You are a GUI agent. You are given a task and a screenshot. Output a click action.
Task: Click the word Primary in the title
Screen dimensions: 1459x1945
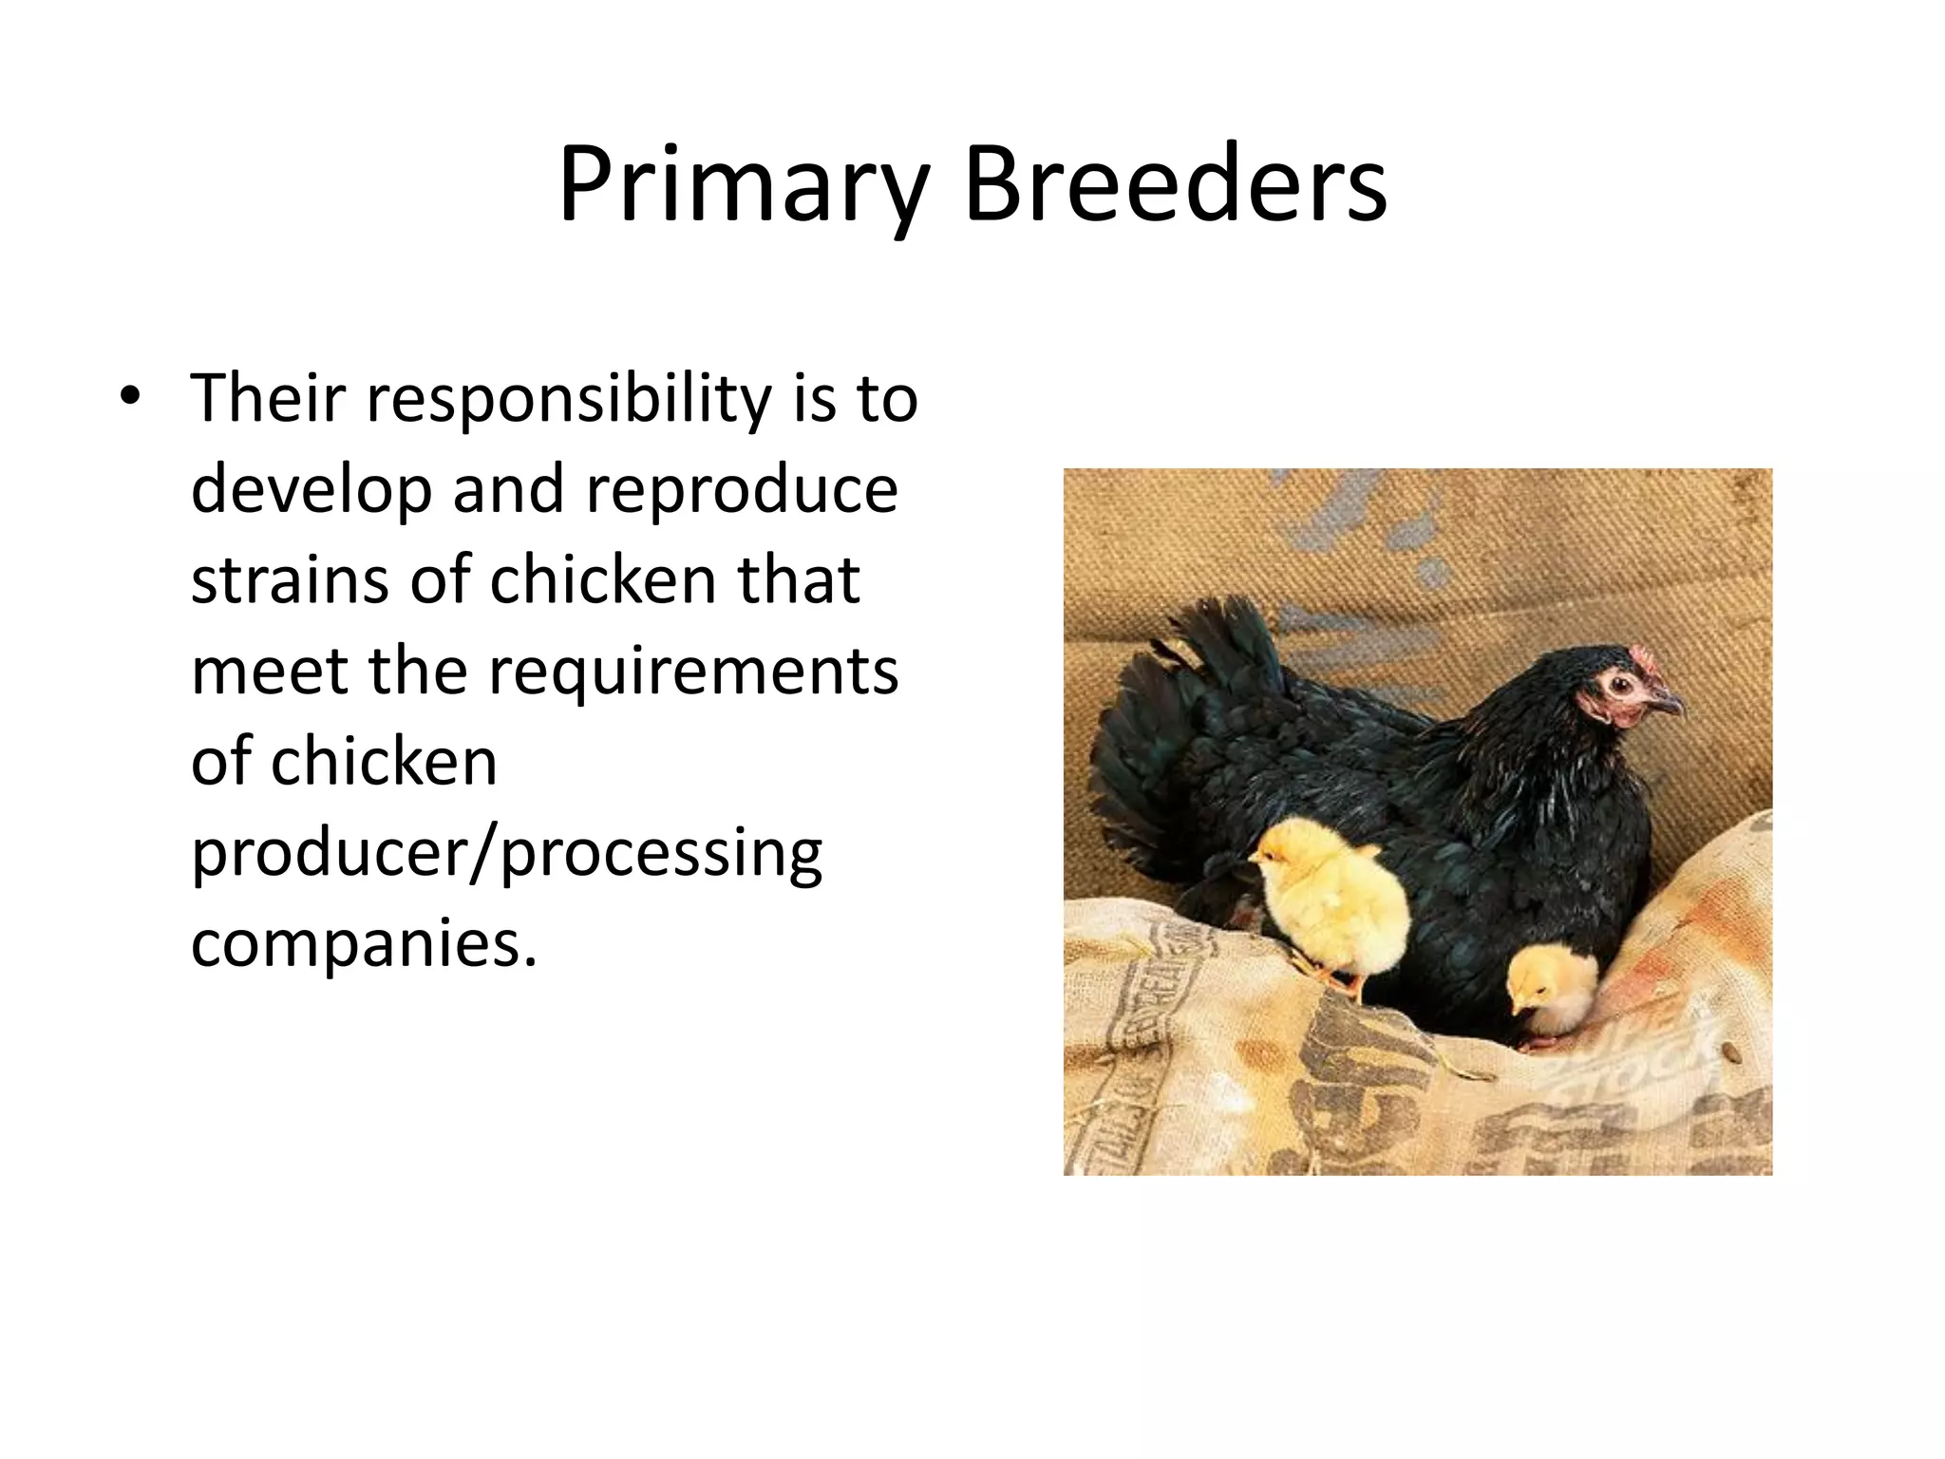[x=742, y=185]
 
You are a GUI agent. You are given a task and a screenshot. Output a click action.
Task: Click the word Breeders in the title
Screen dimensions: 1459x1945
[x=1175, y=185]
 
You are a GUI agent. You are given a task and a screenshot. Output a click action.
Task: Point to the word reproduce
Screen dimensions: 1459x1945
[x=741, y=490]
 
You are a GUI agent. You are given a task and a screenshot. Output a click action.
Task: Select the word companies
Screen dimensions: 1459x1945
[x=364, y=944]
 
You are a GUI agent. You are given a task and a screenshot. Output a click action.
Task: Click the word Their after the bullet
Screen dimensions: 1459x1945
[x=268, y=399]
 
